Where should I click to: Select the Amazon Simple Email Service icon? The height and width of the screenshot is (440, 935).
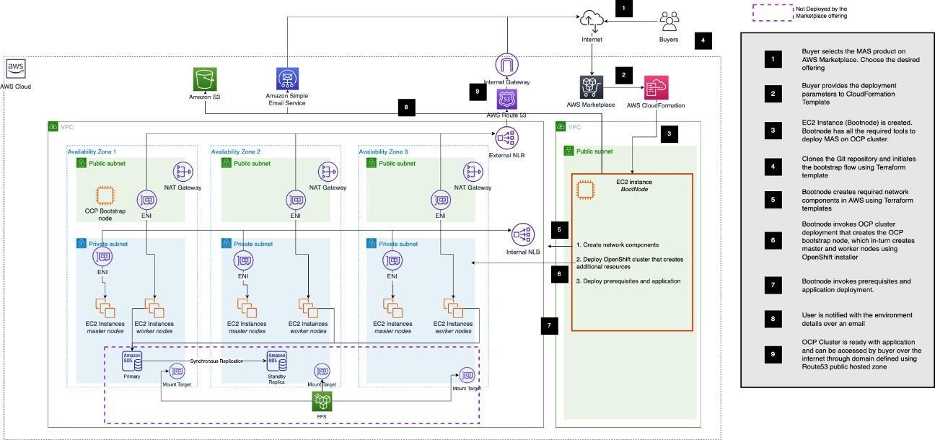[287, 80]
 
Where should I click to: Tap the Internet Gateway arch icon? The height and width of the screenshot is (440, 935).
[507, 65]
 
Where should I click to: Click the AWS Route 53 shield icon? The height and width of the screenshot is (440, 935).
[507, 100]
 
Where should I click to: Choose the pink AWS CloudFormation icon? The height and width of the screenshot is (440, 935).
[656, 87]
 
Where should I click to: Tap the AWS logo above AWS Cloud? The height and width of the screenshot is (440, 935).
[16, 69]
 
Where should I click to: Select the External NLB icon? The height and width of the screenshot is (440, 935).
[507, 136]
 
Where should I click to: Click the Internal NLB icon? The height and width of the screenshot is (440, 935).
[523, 234]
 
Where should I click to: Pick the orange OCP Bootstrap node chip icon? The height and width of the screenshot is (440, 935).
[105, 197]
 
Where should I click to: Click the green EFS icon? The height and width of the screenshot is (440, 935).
[322, 402]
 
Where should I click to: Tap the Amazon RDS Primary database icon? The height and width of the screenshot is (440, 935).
[132, 361]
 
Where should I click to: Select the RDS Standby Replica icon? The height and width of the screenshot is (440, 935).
[276, 361]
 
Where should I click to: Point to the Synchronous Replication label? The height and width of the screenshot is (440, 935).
[216, 360]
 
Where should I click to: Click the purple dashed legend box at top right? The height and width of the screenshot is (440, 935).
[772, 12]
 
